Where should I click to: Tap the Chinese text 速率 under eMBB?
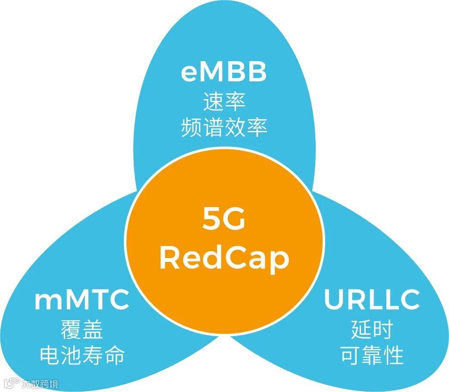coord(224,102)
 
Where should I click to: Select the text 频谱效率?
coord(224,128)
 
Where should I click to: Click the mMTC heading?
coord(82,300)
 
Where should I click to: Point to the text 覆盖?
coord(82,330)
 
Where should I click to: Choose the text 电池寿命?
coord(82,356)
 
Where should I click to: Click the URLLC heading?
coord(372,300)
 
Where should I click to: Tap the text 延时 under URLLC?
coord(372,330)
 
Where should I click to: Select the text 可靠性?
coord(372,356)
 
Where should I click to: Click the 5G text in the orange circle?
coord(224,220)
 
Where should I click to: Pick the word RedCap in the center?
coord(224,258)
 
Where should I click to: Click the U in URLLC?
coord(333,300)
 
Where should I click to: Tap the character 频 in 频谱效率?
coord(192,128)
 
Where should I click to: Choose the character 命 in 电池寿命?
coord(114,356)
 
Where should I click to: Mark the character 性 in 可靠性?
coord(393,356)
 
